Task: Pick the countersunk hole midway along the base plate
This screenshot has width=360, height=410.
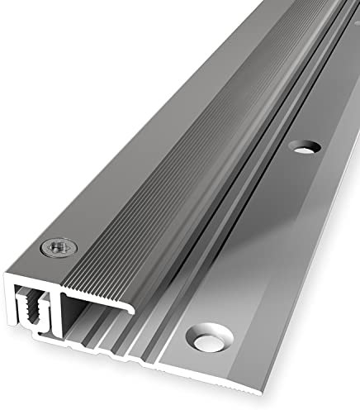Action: pyautogui.click(x=307, y=147)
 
